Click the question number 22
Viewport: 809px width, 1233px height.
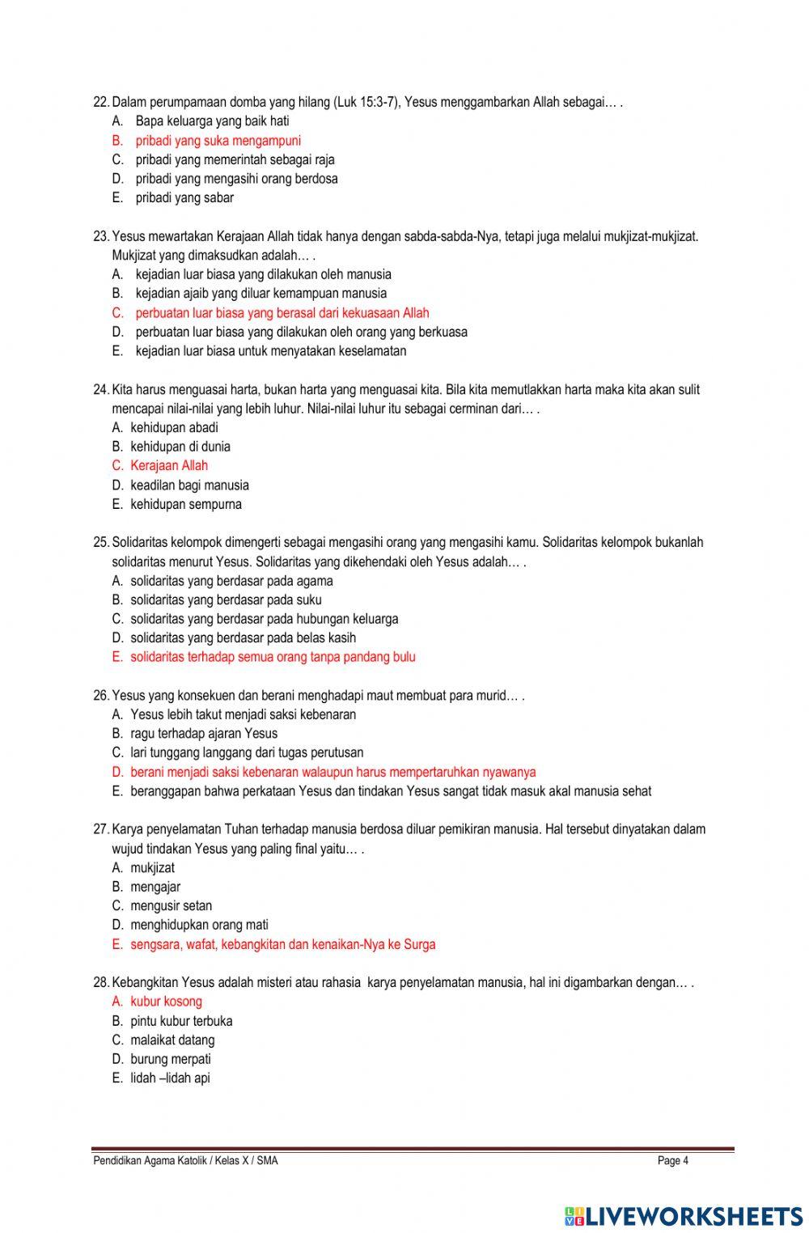(x=101, y=102)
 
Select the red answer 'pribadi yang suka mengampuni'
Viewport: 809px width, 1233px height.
(x=218, y=141)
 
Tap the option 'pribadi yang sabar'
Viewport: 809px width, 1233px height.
(x=184, y=198)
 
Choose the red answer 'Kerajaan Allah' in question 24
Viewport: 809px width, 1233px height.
(x=169, y=466)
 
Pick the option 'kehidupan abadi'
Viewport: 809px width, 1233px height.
(x=174, y=428)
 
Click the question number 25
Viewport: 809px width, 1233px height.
(x=101, y=543)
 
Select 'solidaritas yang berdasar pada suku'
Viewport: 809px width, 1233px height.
(x=226, y=600)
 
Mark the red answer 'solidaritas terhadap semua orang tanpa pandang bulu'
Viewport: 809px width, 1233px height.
(x=273, y=658)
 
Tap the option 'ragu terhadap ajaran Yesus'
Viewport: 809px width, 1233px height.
(x=204, y=734)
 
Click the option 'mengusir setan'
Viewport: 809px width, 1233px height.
(x=171, y=906)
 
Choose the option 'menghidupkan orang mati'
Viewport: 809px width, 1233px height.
(x=199, y=925)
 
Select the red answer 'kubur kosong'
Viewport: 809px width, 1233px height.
(x=166, y=1002)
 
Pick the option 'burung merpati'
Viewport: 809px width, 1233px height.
(x=170, y=1059)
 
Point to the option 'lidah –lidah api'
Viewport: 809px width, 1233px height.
(x=170, y=1078)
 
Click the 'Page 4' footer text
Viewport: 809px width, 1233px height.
(x=673, y=1161)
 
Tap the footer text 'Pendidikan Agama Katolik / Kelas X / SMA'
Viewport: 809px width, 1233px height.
(x=185, y=1161)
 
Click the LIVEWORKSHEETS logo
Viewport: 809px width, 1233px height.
(x=683, y=1215)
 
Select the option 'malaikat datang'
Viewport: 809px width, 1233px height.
(x=172, y=1040)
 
